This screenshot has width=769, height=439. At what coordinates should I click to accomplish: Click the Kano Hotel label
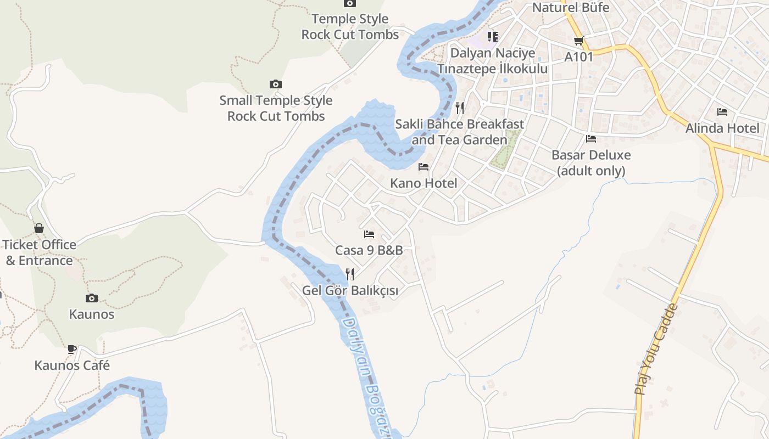(x=423, y=183)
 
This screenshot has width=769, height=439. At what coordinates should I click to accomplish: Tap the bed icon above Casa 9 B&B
(x=369, y=234)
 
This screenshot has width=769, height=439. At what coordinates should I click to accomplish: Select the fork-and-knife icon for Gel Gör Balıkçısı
(x=350, y=274)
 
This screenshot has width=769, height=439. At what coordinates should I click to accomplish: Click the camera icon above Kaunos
(x=92, y=298)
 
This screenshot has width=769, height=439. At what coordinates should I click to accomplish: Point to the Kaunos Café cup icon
(x=71, y=349)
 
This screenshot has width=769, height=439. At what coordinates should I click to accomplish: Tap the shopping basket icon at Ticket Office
(x=39, y=228)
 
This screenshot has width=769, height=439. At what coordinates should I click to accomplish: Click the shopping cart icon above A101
(x=578, y=41)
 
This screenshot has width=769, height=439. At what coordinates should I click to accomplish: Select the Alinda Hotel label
(x=722, y=128)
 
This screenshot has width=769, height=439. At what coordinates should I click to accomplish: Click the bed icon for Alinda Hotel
(x=722, y=112)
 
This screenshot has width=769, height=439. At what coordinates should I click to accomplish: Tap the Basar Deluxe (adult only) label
(x=591, y=163)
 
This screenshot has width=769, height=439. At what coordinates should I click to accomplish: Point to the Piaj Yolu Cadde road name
(x=656, y=350)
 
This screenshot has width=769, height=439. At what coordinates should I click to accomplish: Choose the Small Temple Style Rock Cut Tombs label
(x=276, y=108)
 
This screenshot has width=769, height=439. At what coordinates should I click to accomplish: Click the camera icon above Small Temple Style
(x=276, y=84)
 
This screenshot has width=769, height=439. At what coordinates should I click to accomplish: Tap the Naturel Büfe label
(x=571, y=8)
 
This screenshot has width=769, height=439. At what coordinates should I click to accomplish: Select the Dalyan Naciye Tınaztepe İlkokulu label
(x=493, y=61)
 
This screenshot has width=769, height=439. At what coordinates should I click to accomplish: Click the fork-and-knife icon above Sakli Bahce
(x=460, y=108)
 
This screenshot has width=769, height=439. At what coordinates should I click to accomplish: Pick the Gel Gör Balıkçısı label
(x=350, y=291)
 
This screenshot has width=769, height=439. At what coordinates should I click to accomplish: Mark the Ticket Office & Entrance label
(x=39, y=252)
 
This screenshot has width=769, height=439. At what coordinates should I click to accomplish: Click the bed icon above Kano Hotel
(x=423, y=167)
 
